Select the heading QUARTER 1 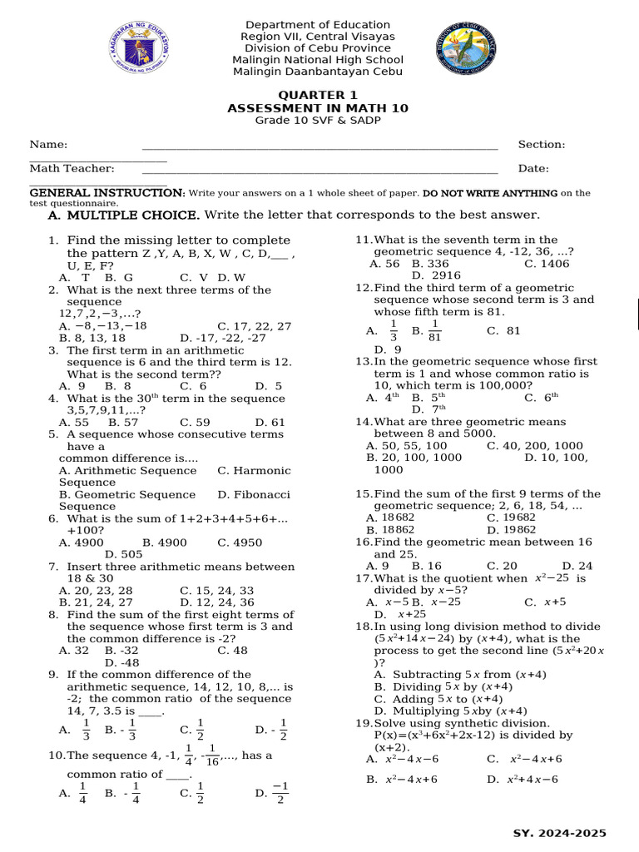[x=318, y=96]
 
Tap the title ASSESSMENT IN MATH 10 [x=318, y=109]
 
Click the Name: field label [x=48, y=145]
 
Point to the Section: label [x=541, y=145]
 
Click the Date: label [x=533, y=169]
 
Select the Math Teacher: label [x=72, y=169]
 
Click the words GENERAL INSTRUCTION [x=107, y=193]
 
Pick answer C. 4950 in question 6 [x=240, y=542]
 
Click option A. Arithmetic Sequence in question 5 [x=128, y=471]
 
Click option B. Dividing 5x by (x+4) [x=443, y=687]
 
